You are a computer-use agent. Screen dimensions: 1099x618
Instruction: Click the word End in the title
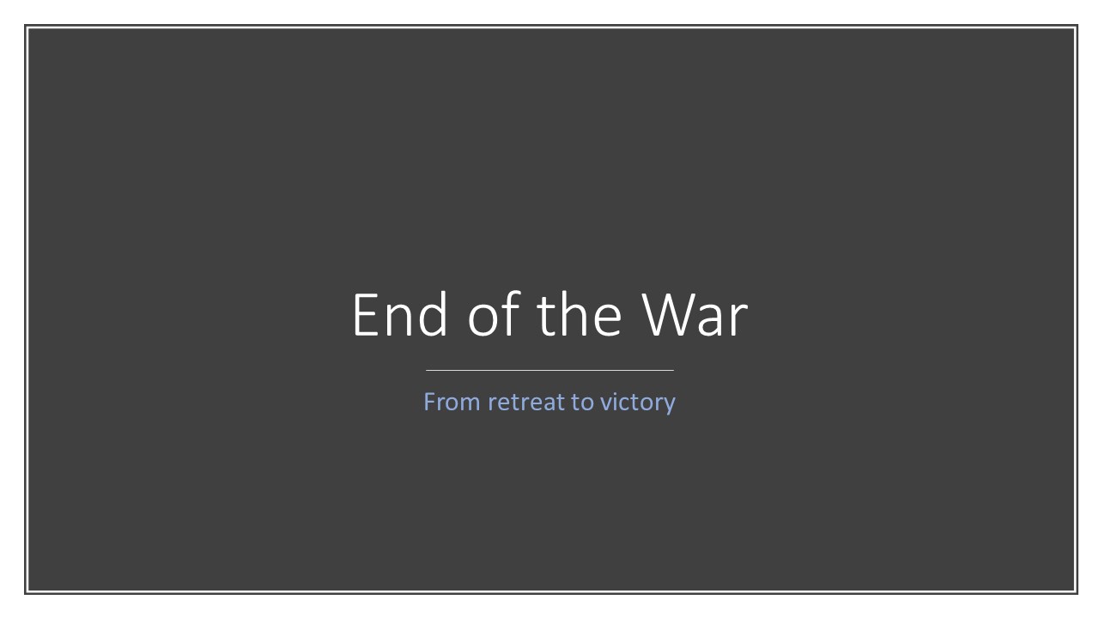pos(400,314)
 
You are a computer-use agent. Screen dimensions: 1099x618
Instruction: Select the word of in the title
pos(493,313)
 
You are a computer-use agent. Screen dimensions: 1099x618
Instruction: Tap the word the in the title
pos(580,314)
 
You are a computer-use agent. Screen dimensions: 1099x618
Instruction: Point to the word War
pos(695,314)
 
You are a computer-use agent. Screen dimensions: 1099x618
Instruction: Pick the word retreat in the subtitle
pos(526,402)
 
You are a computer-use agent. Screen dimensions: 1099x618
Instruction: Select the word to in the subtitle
pos(582,403)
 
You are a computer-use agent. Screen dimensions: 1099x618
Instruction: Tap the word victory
pos(638,403)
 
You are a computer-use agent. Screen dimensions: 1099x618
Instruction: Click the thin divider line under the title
pos(549,370)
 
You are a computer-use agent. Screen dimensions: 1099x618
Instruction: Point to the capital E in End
pos(366,315)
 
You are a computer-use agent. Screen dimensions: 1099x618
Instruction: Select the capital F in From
pos(430,402)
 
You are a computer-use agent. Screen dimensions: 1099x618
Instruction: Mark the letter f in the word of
pos(512,313)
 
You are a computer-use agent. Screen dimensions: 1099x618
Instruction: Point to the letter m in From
pos(470,404)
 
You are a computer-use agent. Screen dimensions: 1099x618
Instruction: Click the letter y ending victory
pos(669,407)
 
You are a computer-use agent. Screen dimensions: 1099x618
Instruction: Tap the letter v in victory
pos(607,404)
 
